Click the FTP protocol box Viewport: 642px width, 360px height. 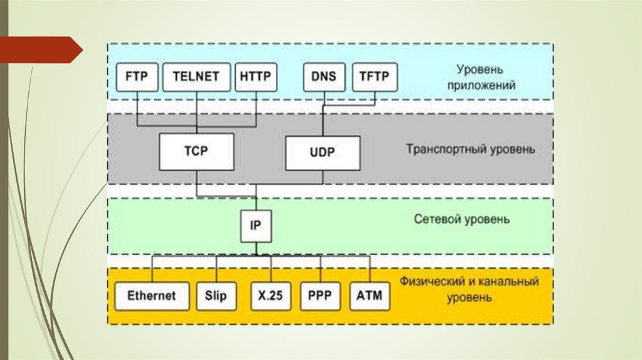(137, 78)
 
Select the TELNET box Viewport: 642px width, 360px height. (196, 78)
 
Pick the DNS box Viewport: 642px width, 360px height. (324, 78)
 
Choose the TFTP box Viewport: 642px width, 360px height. (374, 78)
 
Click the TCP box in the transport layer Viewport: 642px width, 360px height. (196, 152)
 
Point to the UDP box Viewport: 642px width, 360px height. (323, 152)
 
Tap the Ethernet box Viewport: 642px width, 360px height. (152, 295)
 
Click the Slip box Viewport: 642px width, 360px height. (216, 295)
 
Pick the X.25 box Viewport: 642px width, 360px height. (271, 295)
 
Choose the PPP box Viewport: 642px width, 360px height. (320, 295)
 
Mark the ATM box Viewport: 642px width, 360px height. (369, 295)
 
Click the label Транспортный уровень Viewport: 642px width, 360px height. (470, 150)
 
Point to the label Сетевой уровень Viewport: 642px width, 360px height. (462, 220)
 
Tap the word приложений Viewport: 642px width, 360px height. (482, 85)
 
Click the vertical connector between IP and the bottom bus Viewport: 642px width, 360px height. (256, 249)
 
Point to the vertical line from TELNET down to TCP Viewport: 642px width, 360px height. (196, 113)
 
